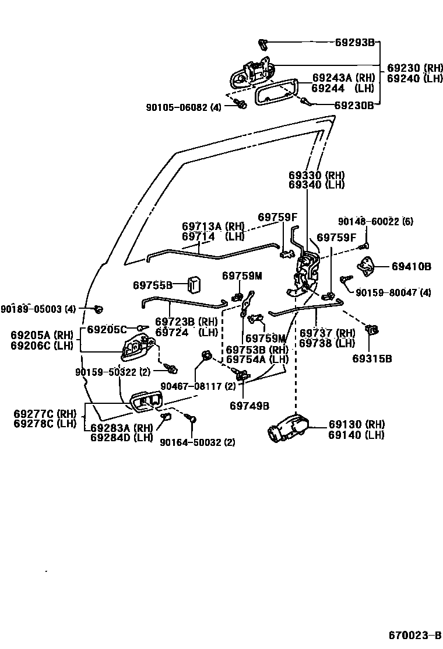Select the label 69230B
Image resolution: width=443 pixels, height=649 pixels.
354,106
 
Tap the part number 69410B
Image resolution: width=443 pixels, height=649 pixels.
411,267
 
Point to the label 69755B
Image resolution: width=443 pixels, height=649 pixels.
153,285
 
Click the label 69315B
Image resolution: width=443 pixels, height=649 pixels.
372,358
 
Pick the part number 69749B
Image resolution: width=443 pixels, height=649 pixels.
249,406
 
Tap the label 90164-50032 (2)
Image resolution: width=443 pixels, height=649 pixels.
198,442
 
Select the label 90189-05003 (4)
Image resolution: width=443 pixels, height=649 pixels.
38,309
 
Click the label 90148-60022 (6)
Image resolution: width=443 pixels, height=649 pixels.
375,222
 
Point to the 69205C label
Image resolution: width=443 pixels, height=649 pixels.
107,330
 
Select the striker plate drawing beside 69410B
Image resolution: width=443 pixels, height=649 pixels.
367,267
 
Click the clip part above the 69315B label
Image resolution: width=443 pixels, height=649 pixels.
371,331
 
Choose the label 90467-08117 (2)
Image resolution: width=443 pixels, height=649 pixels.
198,386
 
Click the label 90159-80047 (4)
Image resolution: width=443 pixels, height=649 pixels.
393,292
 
